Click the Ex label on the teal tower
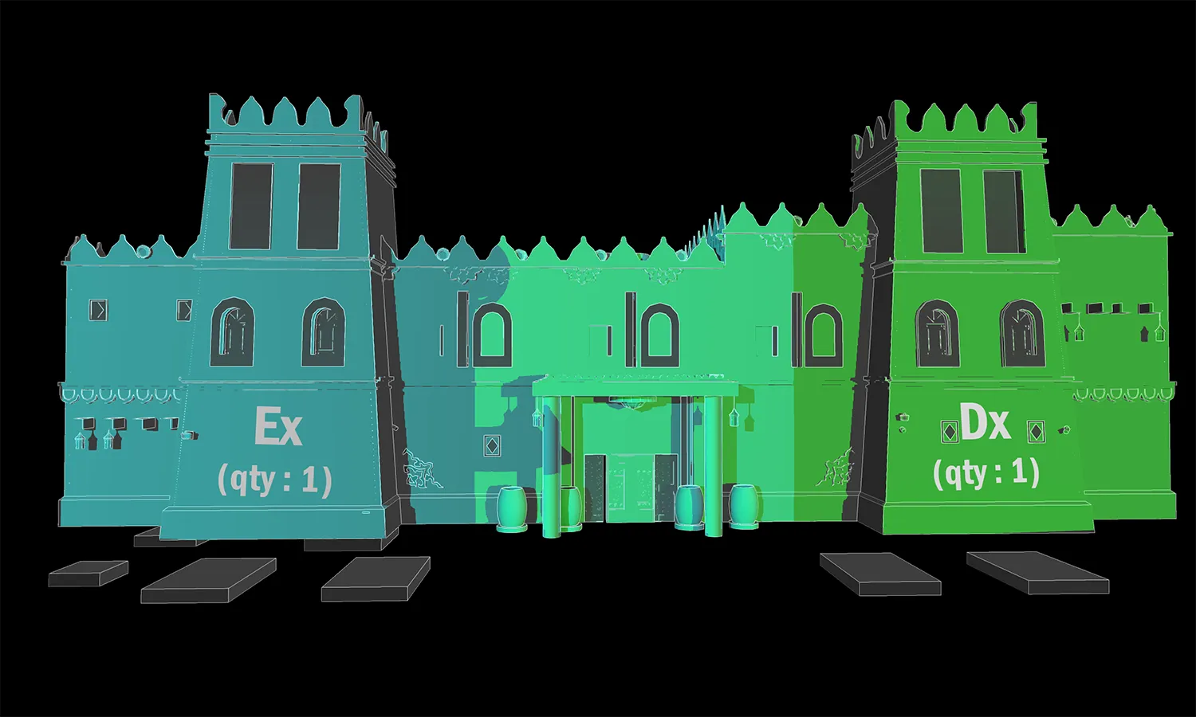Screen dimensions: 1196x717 coord(278,427)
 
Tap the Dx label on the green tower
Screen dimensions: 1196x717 coord(986,425)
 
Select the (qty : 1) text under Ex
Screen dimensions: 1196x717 coord(275,481)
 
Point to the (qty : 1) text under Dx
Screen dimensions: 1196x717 coord(986,473)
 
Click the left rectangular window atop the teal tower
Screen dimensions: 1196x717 coord(251,206)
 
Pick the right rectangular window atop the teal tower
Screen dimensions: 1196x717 coord(319,206)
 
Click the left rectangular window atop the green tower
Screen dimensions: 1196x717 coord(942,211)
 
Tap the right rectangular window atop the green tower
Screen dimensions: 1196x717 coord(1004,212)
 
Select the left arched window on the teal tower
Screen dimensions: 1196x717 coord(232,332)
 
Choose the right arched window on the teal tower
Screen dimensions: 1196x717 coord(323,332)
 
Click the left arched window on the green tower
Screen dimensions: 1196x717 coord(937,334)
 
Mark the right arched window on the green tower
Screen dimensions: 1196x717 coord(1022,334)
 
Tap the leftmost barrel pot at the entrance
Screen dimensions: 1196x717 coord(512,509)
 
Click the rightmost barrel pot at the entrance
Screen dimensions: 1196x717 coord(744,506)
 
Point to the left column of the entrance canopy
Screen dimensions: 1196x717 coord(552,468)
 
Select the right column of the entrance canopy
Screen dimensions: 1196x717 coord(714,466)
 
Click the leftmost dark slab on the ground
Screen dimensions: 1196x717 coord(88,574)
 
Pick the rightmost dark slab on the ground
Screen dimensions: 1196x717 coord(1037,573)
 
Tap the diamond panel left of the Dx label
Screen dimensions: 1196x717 coord(948,432)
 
